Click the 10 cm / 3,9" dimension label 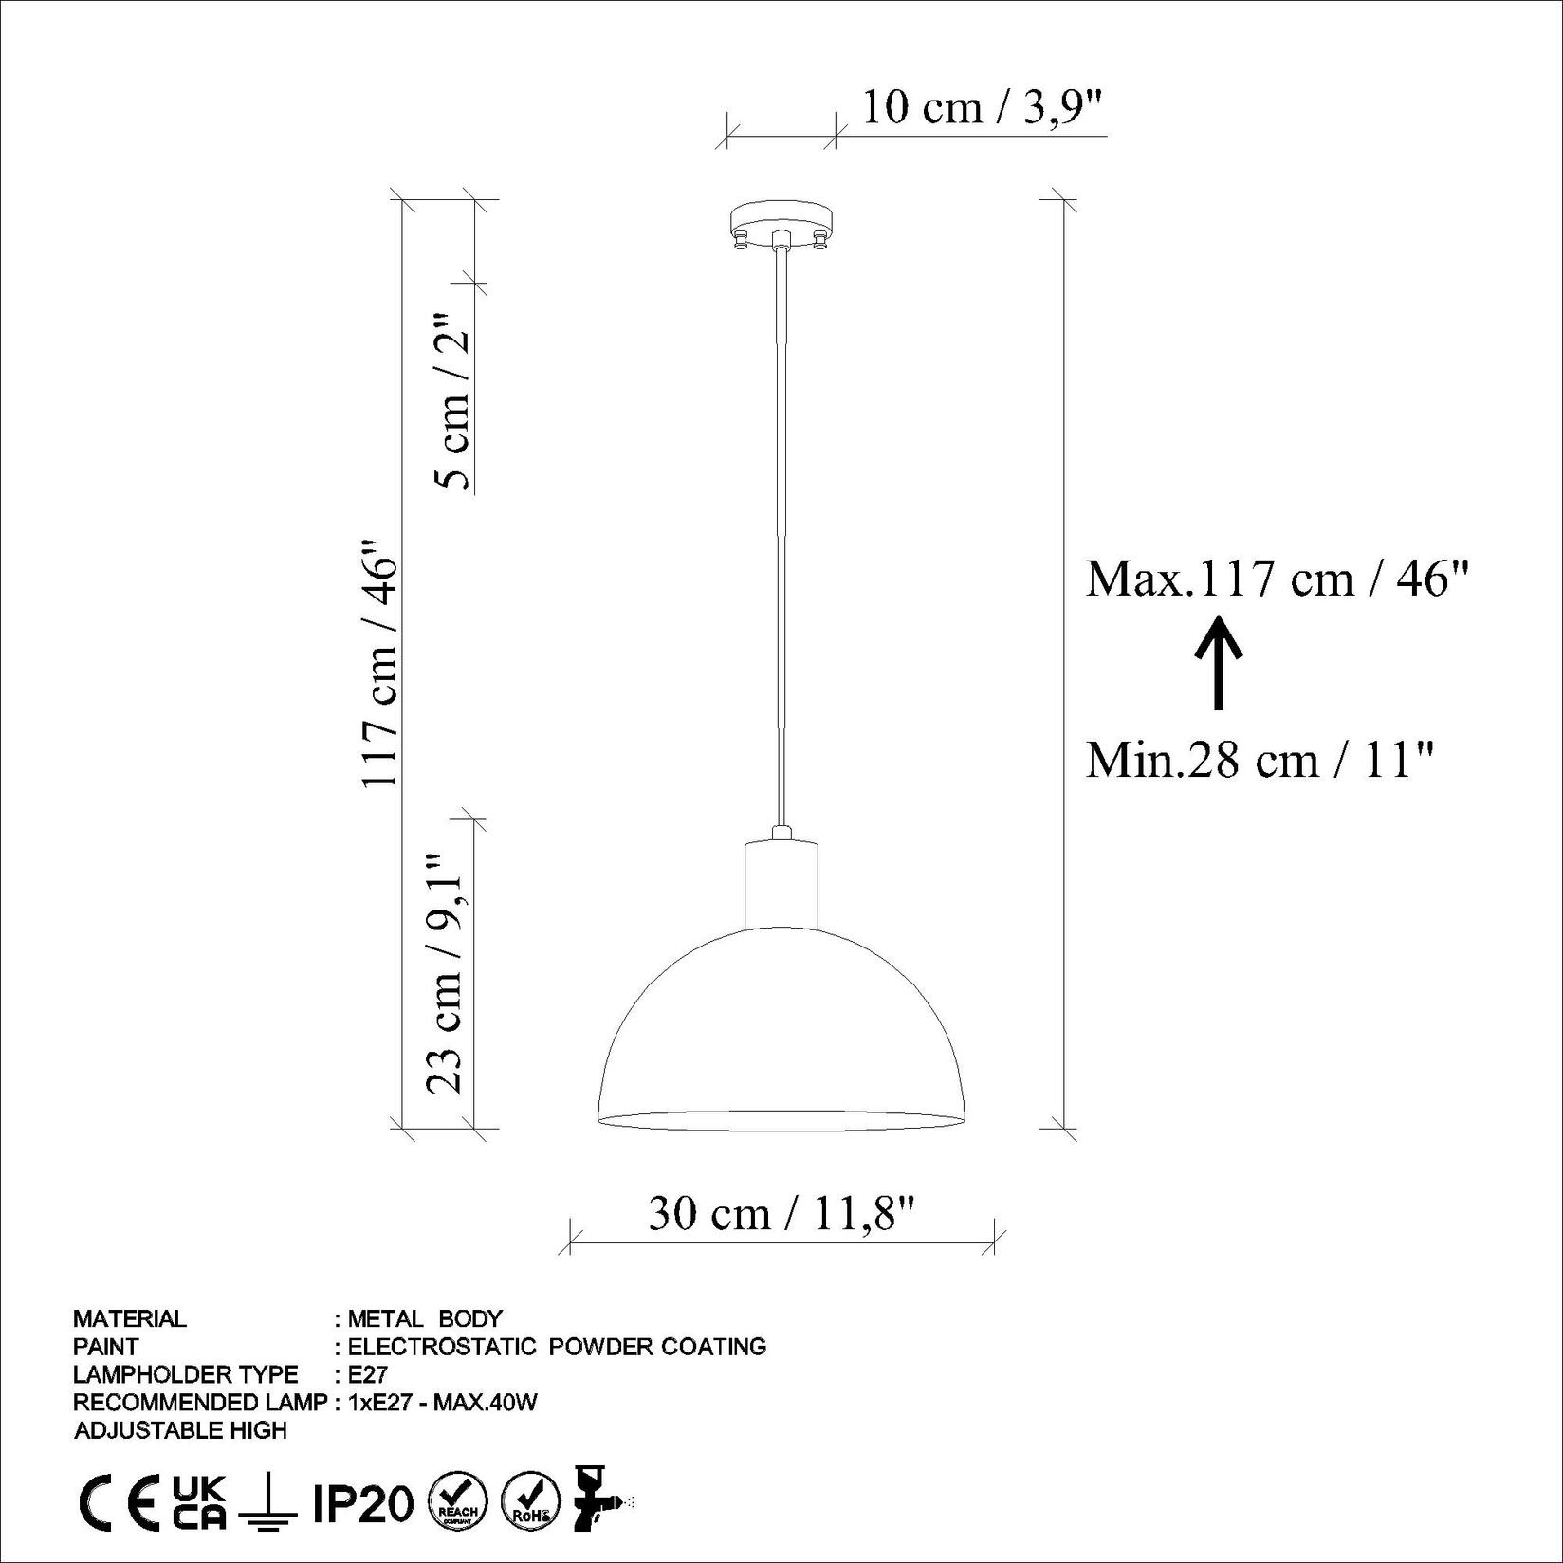coord(984,108)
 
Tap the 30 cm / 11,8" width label coord(782,1212)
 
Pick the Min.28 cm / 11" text coord(1260,759)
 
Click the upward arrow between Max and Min coord(1218,662)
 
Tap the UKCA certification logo coord(199,1502)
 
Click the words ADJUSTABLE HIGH coord(180,1430)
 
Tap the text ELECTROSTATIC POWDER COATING coord(557,1346)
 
